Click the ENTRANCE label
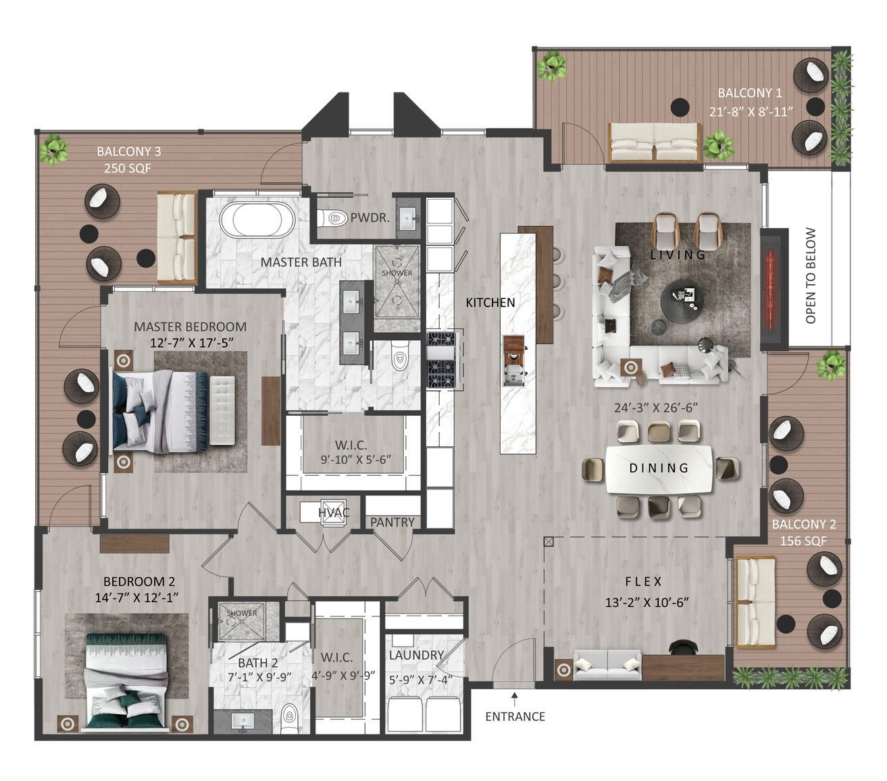tap(515, 717)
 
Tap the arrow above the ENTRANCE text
tap(515, 699)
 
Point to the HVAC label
tap(334, 512)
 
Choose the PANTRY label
tap(392, 522)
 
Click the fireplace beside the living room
tap(774, 289)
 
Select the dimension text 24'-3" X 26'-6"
tap(655, 408)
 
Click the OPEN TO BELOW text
tap(811, 275)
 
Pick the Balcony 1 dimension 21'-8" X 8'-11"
tap(751, 112)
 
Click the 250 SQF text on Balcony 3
tap(128, 168)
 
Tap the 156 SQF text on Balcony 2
tap(803, 541)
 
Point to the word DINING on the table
tap(659, 468)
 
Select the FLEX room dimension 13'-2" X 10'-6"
tap(647, 603)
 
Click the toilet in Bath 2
tap(289, 718)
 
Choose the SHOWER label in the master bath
tap(397, 273)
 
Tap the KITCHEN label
tap(490, 303)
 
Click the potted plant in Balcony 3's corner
tap(53, 149)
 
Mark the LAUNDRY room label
tap(416, 655)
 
